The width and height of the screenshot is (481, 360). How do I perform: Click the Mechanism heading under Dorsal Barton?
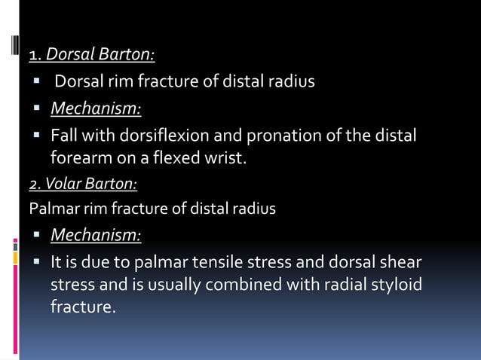pyautogui.click(x=96, y=110)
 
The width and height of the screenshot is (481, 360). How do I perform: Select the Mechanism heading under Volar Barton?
pyautogui.click(x=96, y=236)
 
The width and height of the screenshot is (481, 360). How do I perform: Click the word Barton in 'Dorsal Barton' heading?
pyautogui.click(x=127, y=55)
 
